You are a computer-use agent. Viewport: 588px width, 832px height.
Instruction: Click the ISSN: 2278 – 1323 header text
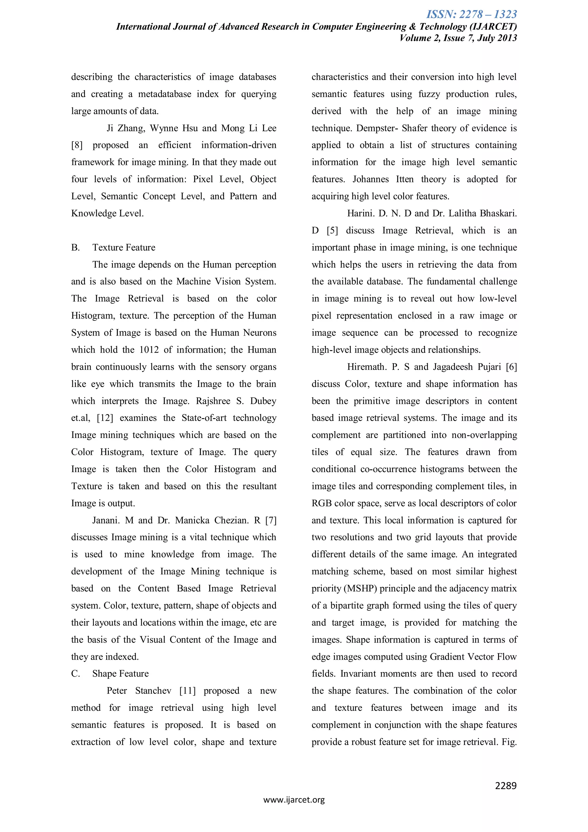pos(471,14)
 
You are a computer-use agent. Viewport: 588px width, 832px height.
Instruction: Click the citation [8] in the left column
pos(77,145)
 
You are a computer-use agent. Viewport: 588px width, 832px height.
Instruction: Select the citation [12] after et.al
pos(105,418)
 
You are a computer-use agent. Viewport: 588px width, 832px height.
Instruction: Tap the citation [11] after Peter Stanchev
pos(187,691)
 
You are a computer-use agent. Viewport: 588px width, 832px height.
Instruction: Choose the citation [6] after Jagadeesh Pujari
pos(511,367)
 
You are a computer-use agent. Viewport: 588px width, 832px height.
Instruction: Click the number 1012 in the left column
pos(149,350)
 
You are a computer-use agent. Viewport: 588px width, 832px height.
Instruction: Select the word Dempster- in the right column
pos(376,128)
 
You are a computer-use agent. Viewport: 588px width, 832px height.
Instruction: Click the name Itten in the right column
pos(404,179)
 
